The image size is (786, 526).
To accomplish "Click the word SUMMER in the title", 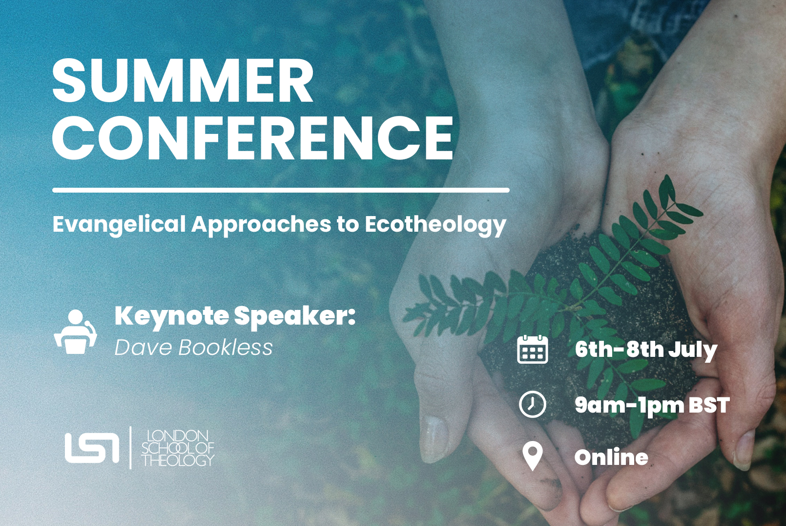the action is (183, 80).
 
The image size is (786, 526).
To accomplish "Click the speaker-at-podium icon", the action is (76, 332).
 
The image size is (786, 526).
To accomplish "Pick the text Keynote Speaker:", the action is (235, 317).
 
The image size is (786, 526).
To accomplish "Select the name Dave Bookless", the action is (194, 348).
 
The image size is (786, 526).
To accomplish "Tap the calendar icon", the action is (532, 349).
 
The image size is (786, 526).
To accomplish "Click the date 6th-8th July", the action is (646, 350).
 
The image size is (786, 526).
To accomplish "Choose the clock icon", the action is (532, 404).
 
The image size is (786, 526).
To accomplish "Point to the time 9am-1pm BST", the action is (652, 406).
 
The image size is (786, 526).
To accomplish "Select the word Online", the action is (611, 457).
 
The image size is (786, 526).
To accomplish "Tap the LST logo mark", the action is (92, 448).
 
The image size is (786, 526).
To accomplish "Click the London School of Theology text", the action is (178, 448).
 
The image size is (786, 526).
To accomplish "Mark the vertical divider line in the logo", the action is (130, 448).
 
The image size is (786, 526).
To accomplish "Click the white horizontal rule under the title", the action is (281, 190).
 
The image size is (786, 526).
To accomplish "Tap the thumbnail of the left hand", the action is (434, 439).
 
